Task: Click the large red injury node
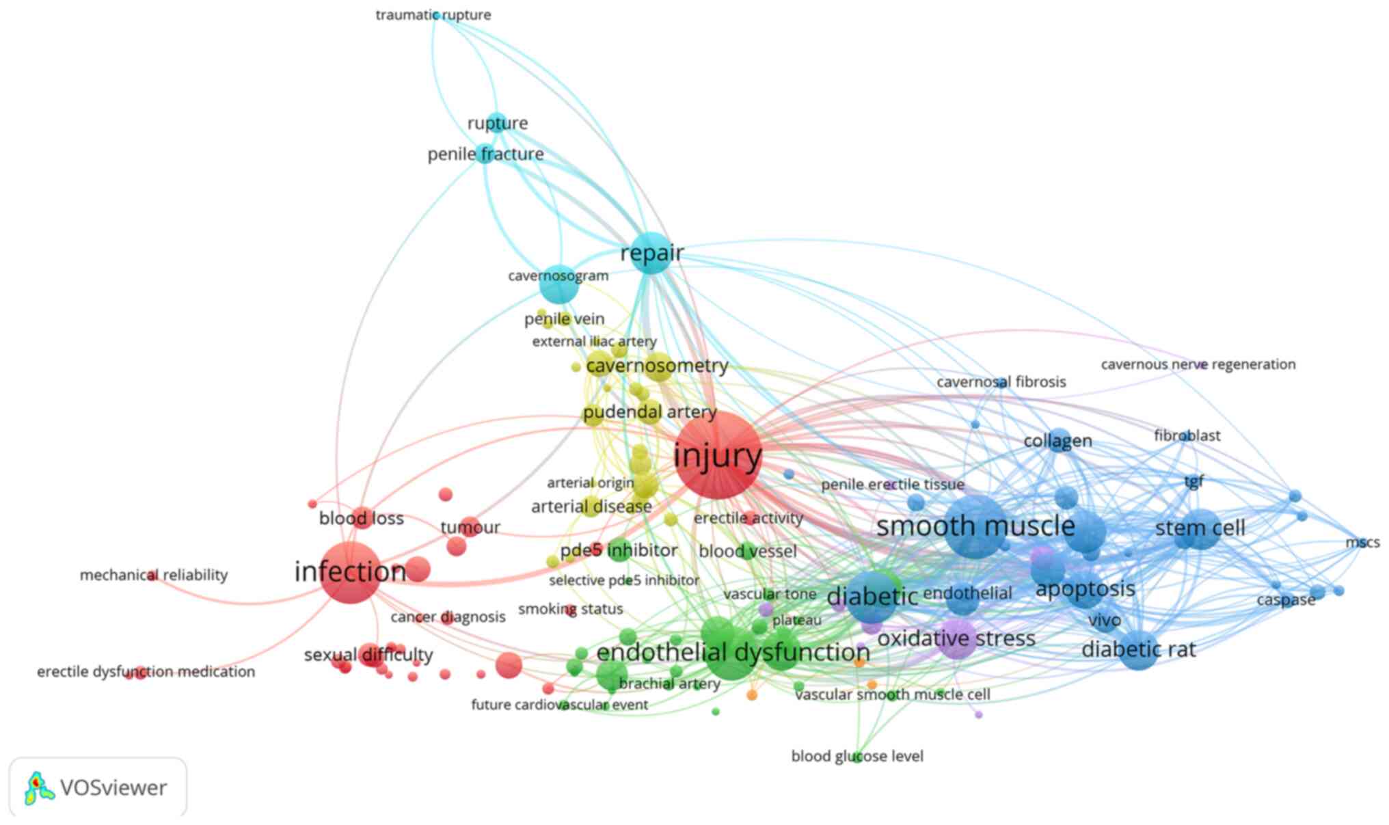[717, 456]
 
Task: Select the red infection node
[350, 573]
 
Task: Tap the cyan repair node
[651, 254]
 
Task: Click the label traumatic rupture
[433, 15]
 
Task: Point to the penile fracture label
[485, 154]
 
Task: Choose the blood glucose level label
[857, 756]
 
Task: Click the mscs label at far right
[1362, 543]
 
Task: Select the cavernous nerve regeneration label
[1198, 364]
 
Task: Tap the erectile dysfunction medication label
[146, 672]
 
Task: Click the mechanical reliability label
[154, 576]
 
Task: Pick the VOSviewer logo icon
[39, 788]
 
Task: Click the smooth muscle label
[975, 526]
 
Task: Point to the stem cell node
[1198, 528]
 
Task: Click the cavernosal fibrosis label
[1001, 382]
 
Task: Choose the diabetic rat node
[1139, 649]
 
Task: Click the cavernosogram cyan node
[559, 285]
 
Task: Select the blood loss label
[361, 519]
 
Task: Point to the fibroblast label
[1187, 435]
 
